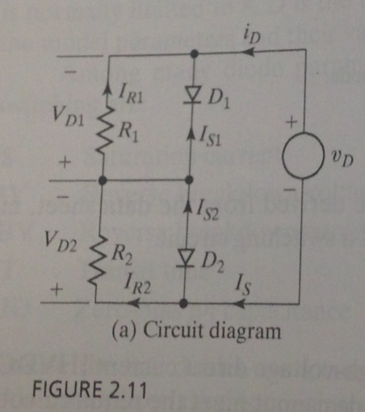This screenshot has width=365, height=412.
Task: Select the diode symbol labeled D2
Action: [185, 258]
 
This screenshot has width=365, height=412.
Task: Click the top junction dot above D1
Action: [194, 52]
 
